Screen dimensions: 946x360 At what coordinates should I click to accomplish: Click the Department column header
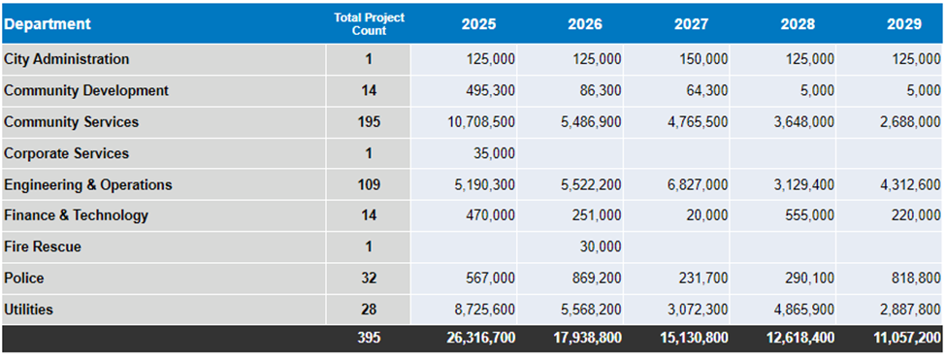pyautogui.click(x=48, y=24)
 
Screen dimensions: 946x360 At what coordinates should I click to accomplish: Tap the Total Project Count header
pyautogui.click(x=370, y=24)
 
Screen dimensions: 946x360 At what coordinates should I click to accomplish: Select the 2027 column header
pyautogui.click(x=692, y=24)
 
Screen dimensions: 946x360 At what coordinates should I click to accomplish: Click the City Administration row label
pyautogui.click(x=66, y=59)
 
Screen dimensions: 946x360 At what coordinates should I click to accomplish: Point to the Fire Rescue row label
pyautogui.click(x=43, y=246)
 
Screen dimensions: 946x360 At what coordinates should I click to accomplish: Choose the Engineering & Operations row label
pyautogui.click(x=88, y=184)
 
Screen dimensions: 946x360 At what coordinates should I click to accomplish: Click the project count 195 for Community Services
pyautogui.click(x=369, y=122)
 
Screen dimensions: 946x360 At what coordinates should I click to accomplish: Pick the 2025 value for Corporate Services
pyautogui.click(x=494, y=153)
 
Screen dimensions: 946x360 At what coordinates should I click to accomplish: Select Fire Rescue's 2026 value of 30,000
pyautogui.click(x=601, y=246)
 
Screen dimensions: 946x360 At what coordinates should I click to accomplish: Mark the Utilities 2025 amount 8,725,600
pyautogui.click(x=484, y=310)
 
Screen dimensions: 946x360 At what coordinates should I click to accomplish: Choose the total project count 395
pyautogui.click(x=369, y=338)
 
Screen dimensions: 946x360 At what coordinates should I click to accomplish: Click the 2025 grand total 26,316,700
pyautogui.click(x=481, y=338)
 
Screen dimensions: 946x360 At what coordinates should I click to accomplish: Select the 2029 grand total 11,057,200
pyautogui.click(x=906, y=338)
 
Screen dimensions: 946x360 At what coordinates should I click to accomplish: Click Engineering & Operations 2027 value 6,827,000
pyautogui.click(x=698, y=184)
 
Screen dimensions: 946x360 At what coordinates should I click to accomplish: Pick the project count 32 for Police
pyautogui.click(x=369, y=278)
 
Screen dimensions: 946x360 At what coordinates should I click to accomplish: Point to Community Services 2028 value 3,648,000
pyautogui.click(x=803, y=122)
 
